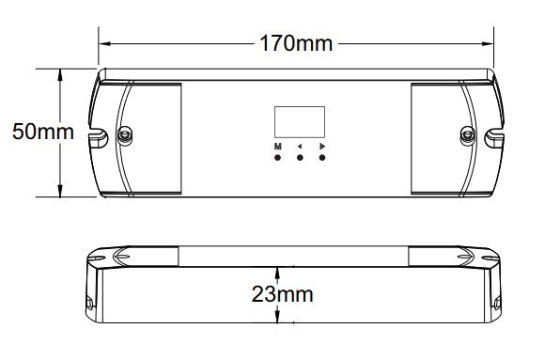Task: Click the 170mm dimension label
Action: coord(296,43)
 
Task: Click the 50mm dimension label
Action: coord(43,132)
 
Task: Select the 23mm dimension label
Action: coord(282,294)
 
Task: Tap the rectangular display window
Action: coord(300,122)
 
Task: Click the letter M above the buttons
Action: coord(278,147)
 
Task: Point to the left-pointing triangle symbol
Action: coord(300,147)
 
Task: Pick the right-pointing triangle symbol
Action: coord(322,146)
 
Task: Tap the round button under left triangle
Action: coord(300,158)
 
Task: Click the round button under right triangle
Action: coord(322,158)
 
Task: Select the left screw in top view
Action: coord(125,135)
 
